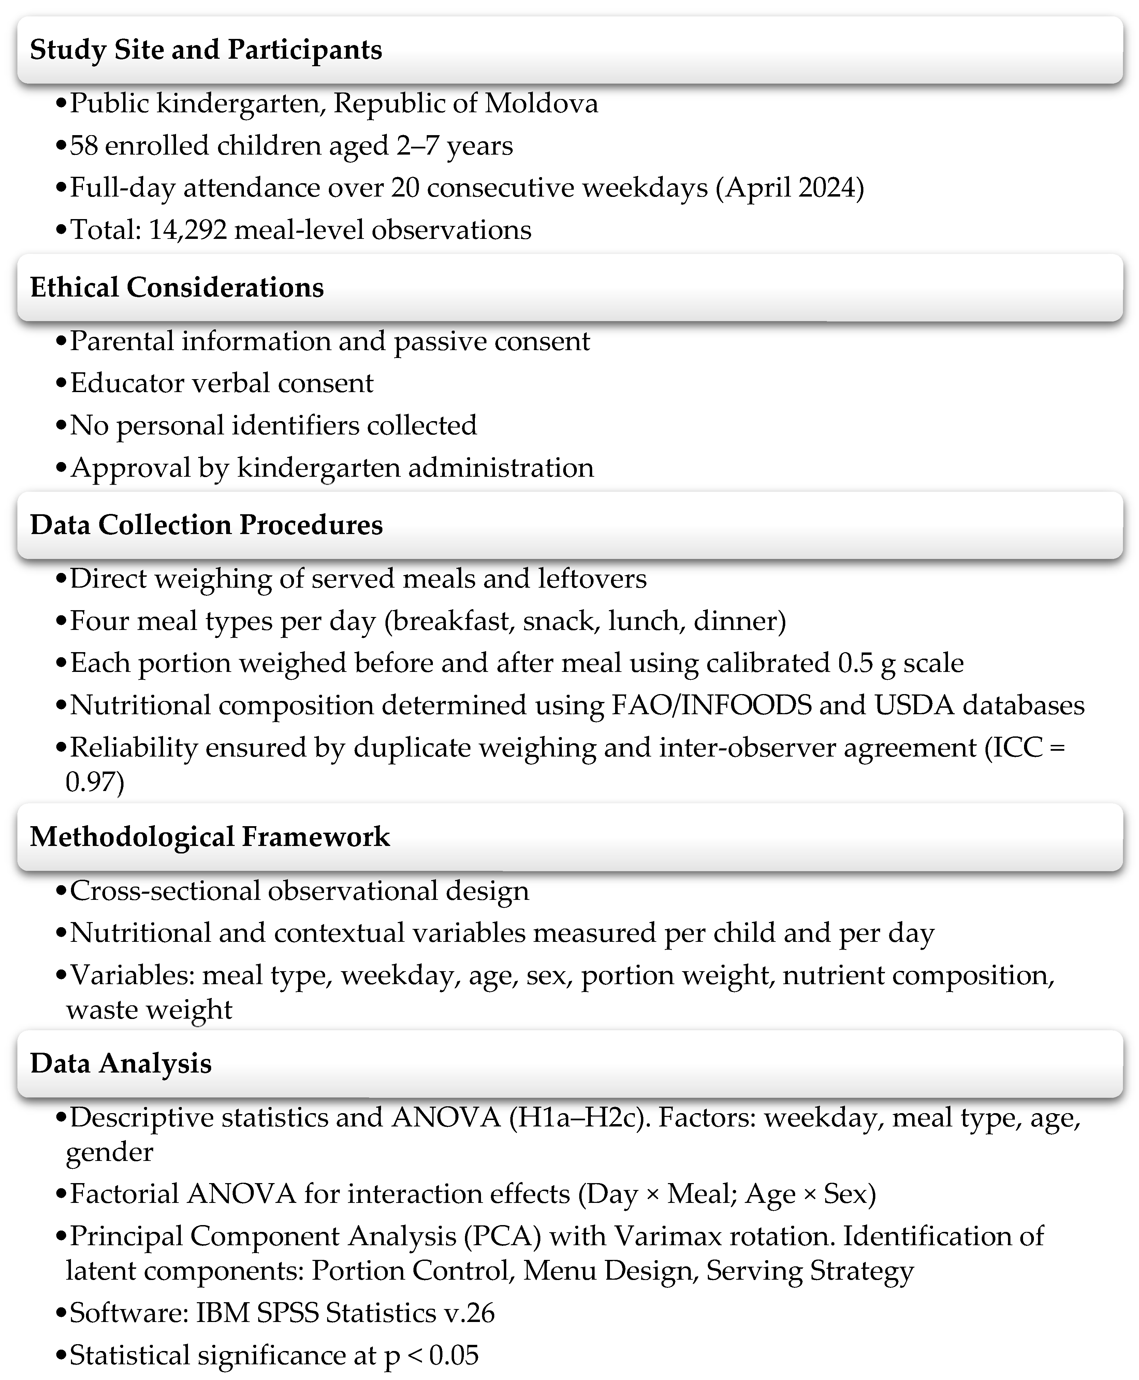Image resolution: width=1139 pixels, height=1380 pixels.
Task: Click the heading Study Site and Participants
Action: tap(206, 50)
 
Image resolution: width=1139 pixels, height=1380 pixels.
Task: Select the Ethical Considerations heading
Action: tap(177, 287)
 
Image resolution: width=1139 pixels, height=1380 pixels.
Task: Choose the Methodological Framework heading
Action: tap(210, 837)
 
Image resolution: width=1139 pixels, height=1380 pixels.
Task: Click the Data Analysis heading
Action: tap(121, 1063)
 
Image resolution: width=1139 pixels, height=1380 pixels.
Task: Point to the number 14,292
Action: tap(188, 230)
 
